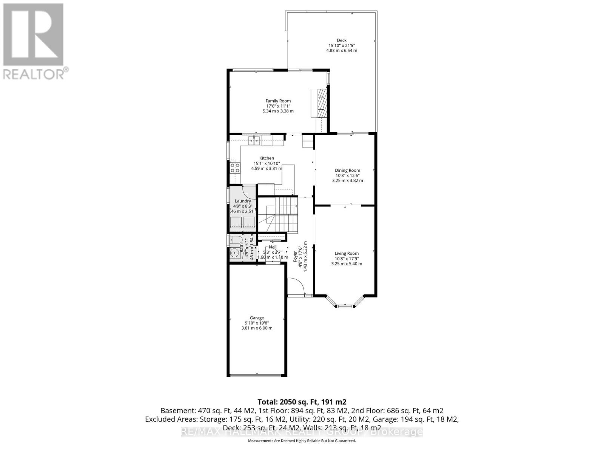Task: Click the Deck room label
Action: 341,40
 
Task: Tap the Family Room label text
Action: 278,101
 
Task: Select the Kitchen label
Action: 267,158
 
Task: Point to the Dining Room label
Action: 347,170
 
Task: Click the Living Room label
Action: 347,254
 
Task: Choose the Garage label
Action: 257,318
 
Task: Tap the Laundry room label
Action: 243,201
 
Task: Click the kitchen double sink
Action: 254,141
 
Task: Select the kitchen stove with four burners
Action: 234,167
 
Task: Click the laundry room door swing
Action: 249,191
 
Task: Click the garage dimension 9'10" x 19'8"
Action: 257,323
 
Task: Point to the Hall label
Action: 273,247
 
